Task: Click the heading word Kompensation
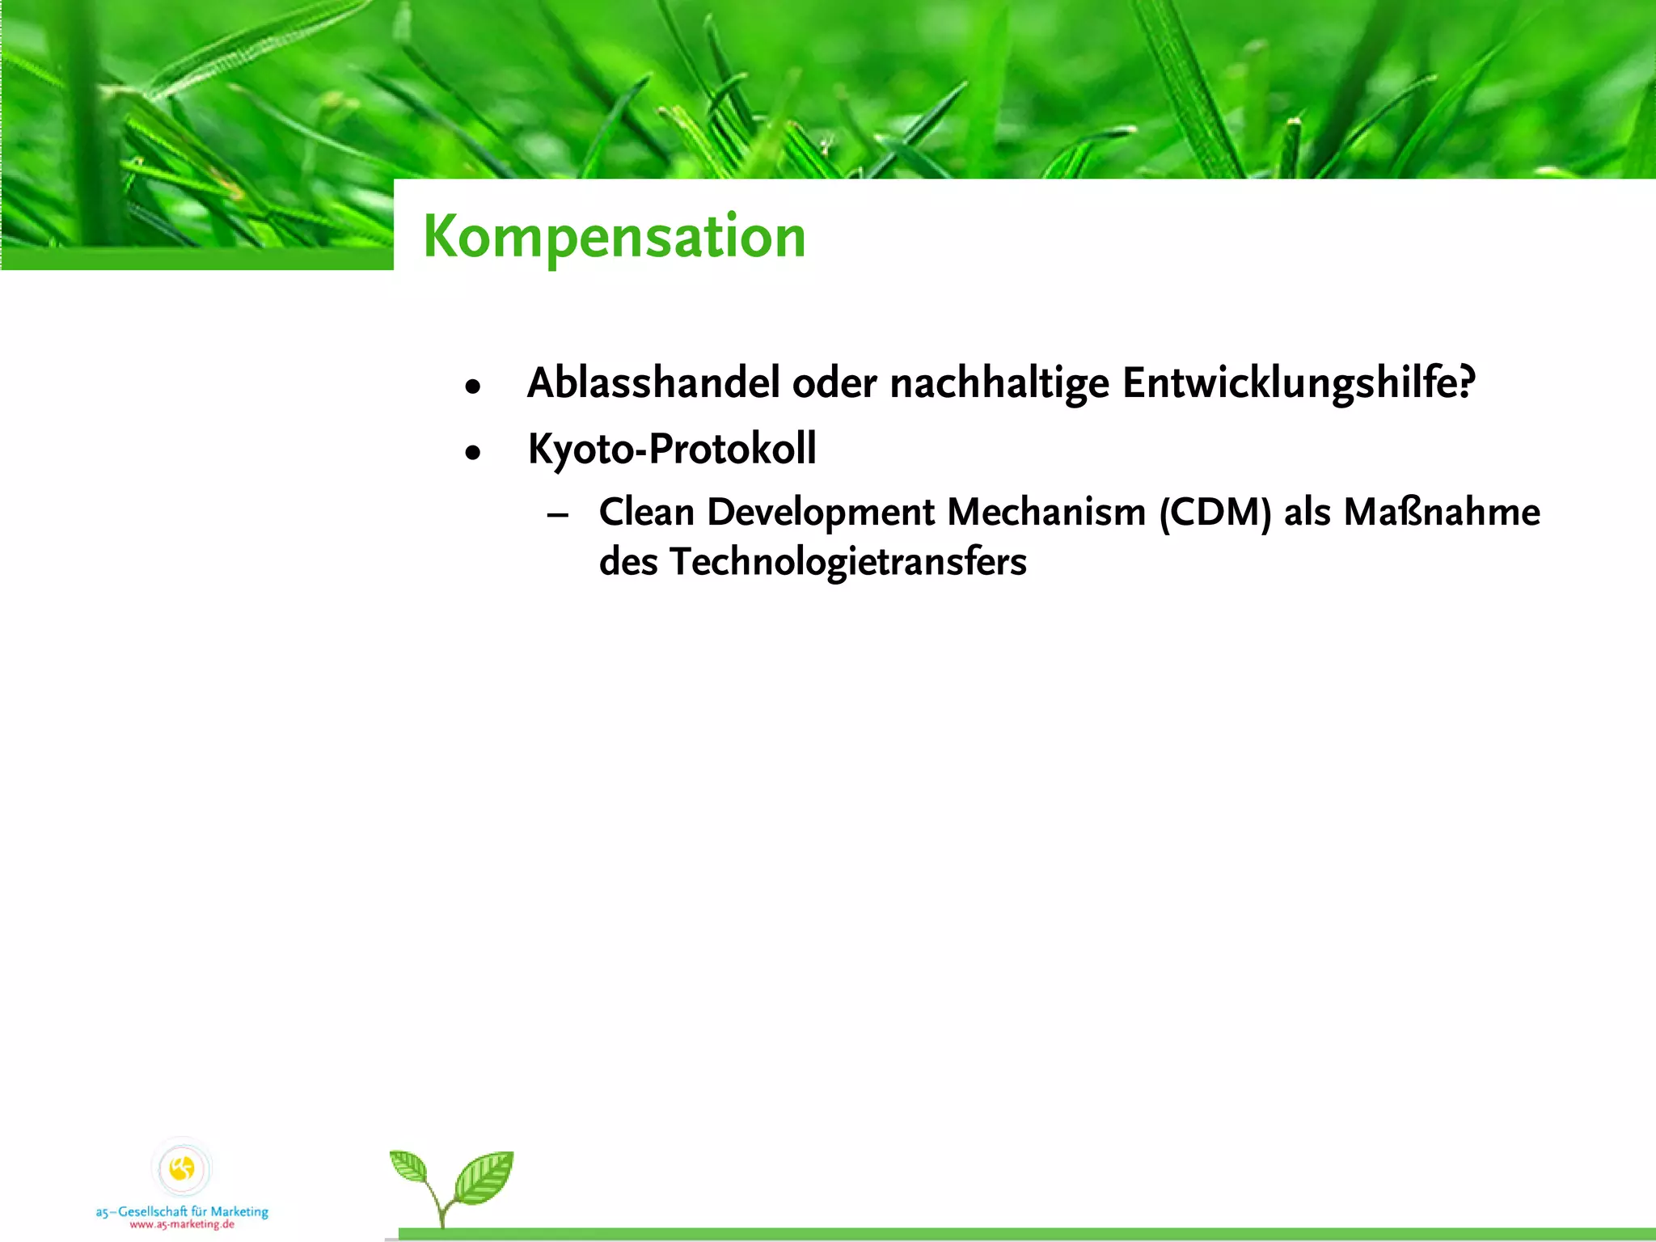[615, 237]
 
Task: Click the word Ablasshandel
[653, 382]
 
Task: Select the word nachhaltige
[999, 382]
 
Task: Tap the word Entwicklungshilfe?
[1298, 382]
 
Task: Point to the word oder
[834, 382]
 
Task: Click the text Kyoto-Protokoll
[671, 449]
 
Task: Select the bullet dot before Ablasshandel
[473, 387]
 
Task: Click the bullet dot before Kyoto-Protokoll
[473, 453]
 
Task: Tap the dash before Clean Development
[558, 515]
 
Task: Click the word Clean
[646, 512]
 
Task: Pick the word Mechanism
[1046, 512]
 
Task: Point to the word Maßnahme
[1442, 512]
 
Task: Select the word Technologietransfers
[847, 561]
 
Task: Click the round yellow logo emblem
[183, 1168]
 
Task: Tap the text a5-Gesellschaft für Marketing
[182, 1211]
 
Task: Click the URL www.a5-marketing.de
[182, 1224]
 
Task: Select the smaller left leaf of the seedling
[409, 1167]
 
